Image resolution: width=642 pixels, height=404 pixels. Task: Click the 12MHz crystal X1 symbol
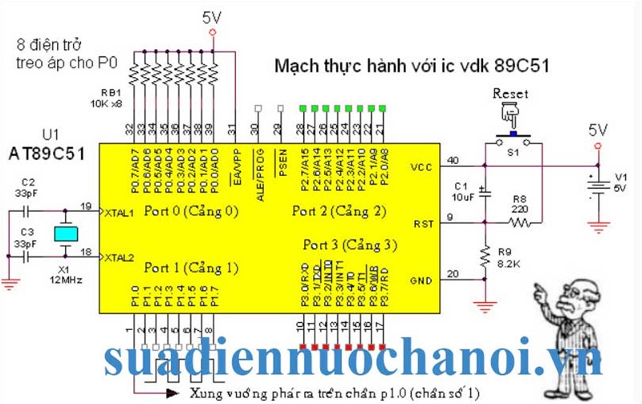66,234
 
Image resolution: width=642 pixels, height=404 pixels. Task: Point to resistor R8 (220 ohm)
516,224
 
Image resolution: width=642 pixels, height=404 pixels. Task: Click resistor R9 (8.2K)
484,257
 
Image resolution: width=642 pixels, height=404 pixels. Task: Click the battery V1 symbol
596,186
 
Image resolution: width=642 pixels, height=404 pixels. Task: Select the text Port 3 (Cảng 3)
350,245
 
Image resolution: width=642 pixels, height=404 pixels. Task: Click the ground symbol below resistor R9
484,306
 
